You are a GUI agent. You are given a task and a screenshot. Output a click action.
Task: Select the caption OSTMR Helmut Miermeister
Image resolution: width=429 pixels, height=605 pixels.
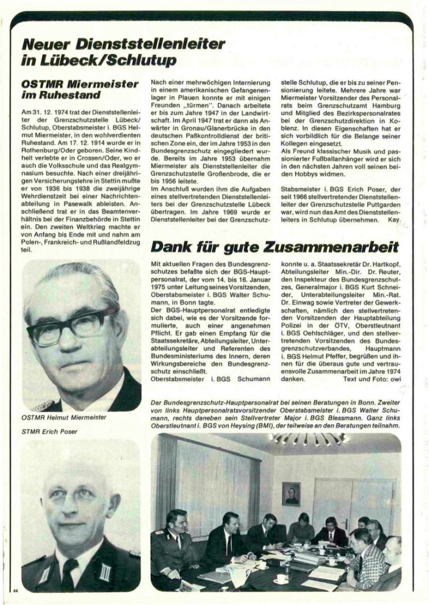pyautogui.click(x=64, y=417)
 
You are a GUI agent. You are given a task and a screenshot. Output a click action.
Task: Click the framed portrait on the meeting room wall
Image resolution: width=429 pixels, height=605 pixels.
pyautogui.click(x=291, y=493)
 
